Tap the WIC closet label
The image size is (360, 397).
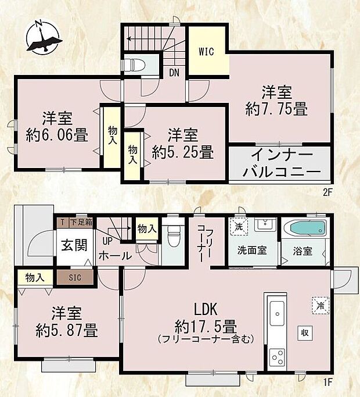[207, 52]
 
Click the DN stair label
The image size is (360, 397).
[174, 73]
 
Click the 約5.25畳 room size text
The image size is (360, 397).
[182, 153]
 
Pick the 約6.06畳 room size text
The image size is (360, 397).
[57, 136]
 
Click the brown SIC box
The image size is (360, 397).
[74, 278]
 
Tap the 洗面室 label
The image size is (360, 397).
[251, 251]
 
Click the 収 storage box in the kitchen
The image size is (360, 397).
[304, 332]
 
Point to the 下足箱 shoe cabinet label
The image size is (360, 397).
[81, 222]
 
